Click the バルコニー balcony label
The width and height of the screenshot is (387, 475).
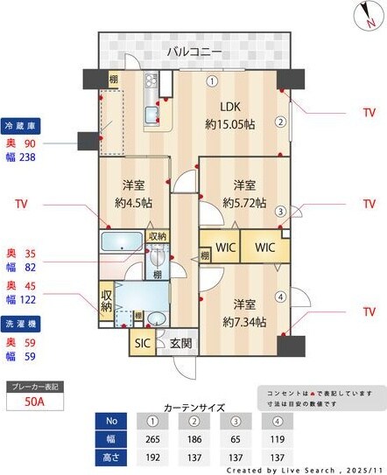point(193,52)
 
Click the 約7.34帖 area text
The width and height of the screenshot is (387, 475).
point(243,322)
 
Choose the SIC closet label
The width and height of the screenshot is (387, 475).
point(142,343)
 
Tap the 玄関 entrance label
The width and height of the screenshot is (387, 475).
point(180,343)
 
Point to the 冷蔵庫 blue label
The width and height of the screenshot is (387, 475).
point(20,125)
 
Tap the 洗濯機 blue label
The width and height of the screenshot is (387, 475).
point(20,324)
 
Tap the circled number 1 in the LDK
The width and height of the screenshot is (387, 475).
point(212,81)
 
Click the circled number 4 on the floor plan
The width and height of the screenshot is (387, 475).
point(280,296)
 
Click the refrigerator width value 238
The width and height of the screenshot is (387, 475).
point(28,158)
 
